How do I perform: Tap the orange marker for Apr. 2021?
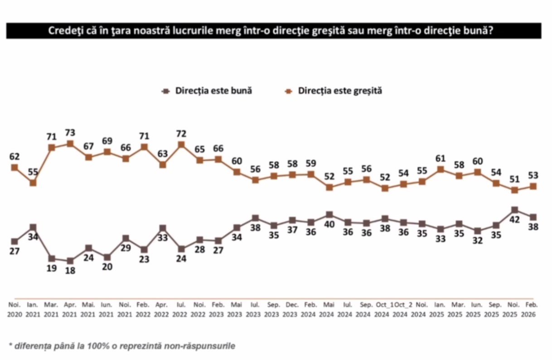click(x=70, y=144)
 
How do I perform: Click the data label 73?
click(x=70, y=133)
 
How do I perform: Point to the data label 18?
click(x=70, y=271)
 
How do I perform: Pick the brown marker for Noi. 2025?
click(x=514, y=210)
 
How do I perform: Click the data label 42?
click(x=514, y=221)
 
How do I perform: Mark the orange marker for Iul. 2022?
click(x=181, y=145)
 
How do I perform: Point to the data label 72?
click(x=181, y=134)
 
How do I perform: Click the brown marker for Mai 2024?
click(x=329, y=215)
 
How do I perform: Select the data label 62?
click(x=15, y=157)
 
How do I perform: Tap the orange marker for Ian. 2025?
click(x=440, y=169)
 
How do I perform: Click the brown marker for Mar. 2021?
click(x=52, y=259)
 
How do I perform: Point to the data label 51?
click(x=514, y=179)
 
